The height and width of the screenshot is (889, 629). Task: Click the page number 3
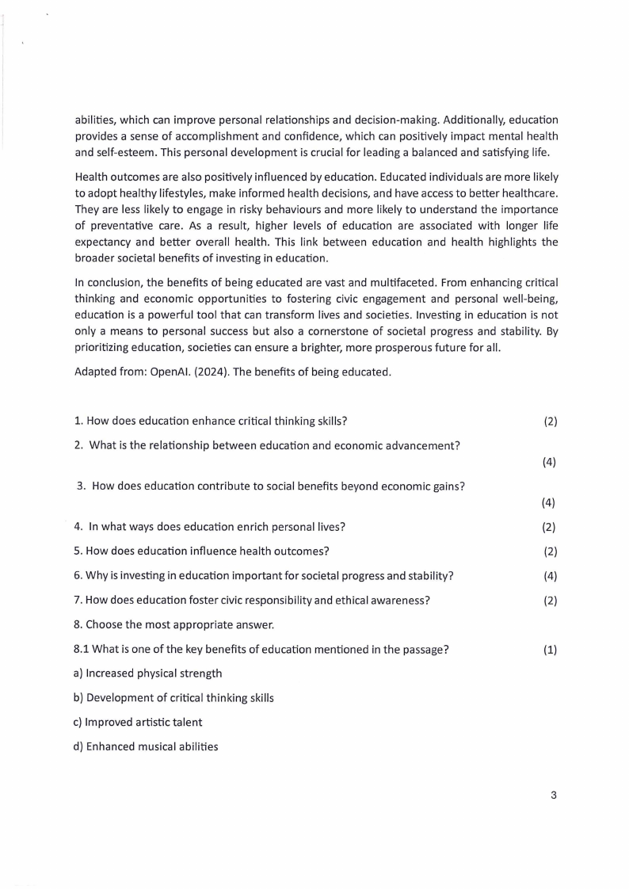(x=554, y=796)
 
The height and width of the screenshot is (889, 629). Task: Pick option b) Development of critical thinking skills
(x=173, y=698)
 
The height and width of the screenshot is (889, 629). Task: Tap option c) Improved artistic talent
(x=137, y=722)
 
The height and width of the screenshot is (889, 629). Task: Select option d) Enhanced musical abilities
(x=145, y=746)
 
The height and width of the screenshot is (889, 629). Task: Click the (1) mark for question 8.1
(x=550, y=650)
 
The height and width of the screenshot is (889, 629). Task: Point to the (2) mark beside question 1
(x=550, y=422)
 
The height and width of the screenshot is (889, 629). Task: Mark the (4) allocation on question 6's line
(x=550, y=576)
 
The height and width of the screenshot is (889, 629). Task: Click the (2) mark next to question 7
(x=550, y=601)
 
